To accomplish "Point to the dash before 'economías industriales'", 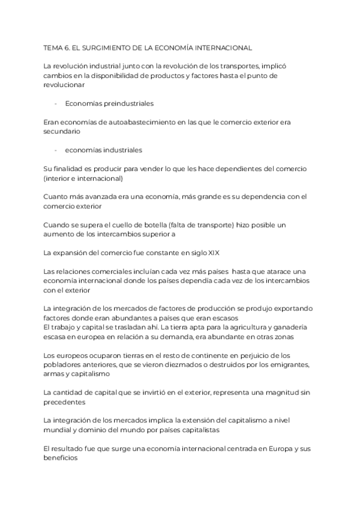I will coord(55,150).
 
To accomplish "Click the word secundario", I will coord(62,131).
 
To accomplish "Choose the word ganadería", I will coord(290,327).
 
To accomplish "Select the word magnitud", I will coord(270,392).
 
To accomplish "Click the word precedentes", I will coord(65,402).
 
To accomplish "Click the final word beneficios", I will coord(61,457).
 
